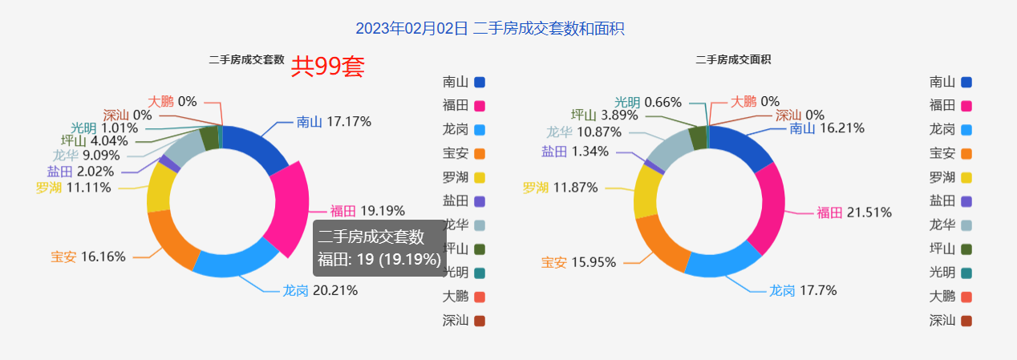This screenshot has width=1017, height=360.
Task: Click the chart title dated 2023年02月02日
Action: click(490, 29)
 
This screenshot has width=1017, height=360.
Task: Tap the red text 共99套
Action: click(327, 67)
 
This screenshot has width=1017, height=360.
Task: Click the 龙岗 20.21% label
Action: click(320, 290)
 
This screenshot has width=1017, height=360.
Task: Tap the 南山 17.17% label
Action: click(334, 122)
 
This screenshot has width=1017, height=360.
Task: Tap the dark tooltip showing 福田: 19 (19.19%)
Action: click(379, 248)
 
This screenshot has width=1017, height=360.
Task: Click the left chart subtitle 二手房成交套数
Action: click(246, 59)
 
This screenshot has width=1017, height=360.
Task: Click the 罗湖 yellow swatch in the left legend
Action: click(480, 177)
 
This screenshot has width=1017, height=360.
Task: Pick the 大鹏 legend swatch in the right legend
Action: click(966, 297)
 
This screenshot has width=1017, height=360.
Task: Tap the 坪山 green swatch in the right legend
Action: click(966, 249)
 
